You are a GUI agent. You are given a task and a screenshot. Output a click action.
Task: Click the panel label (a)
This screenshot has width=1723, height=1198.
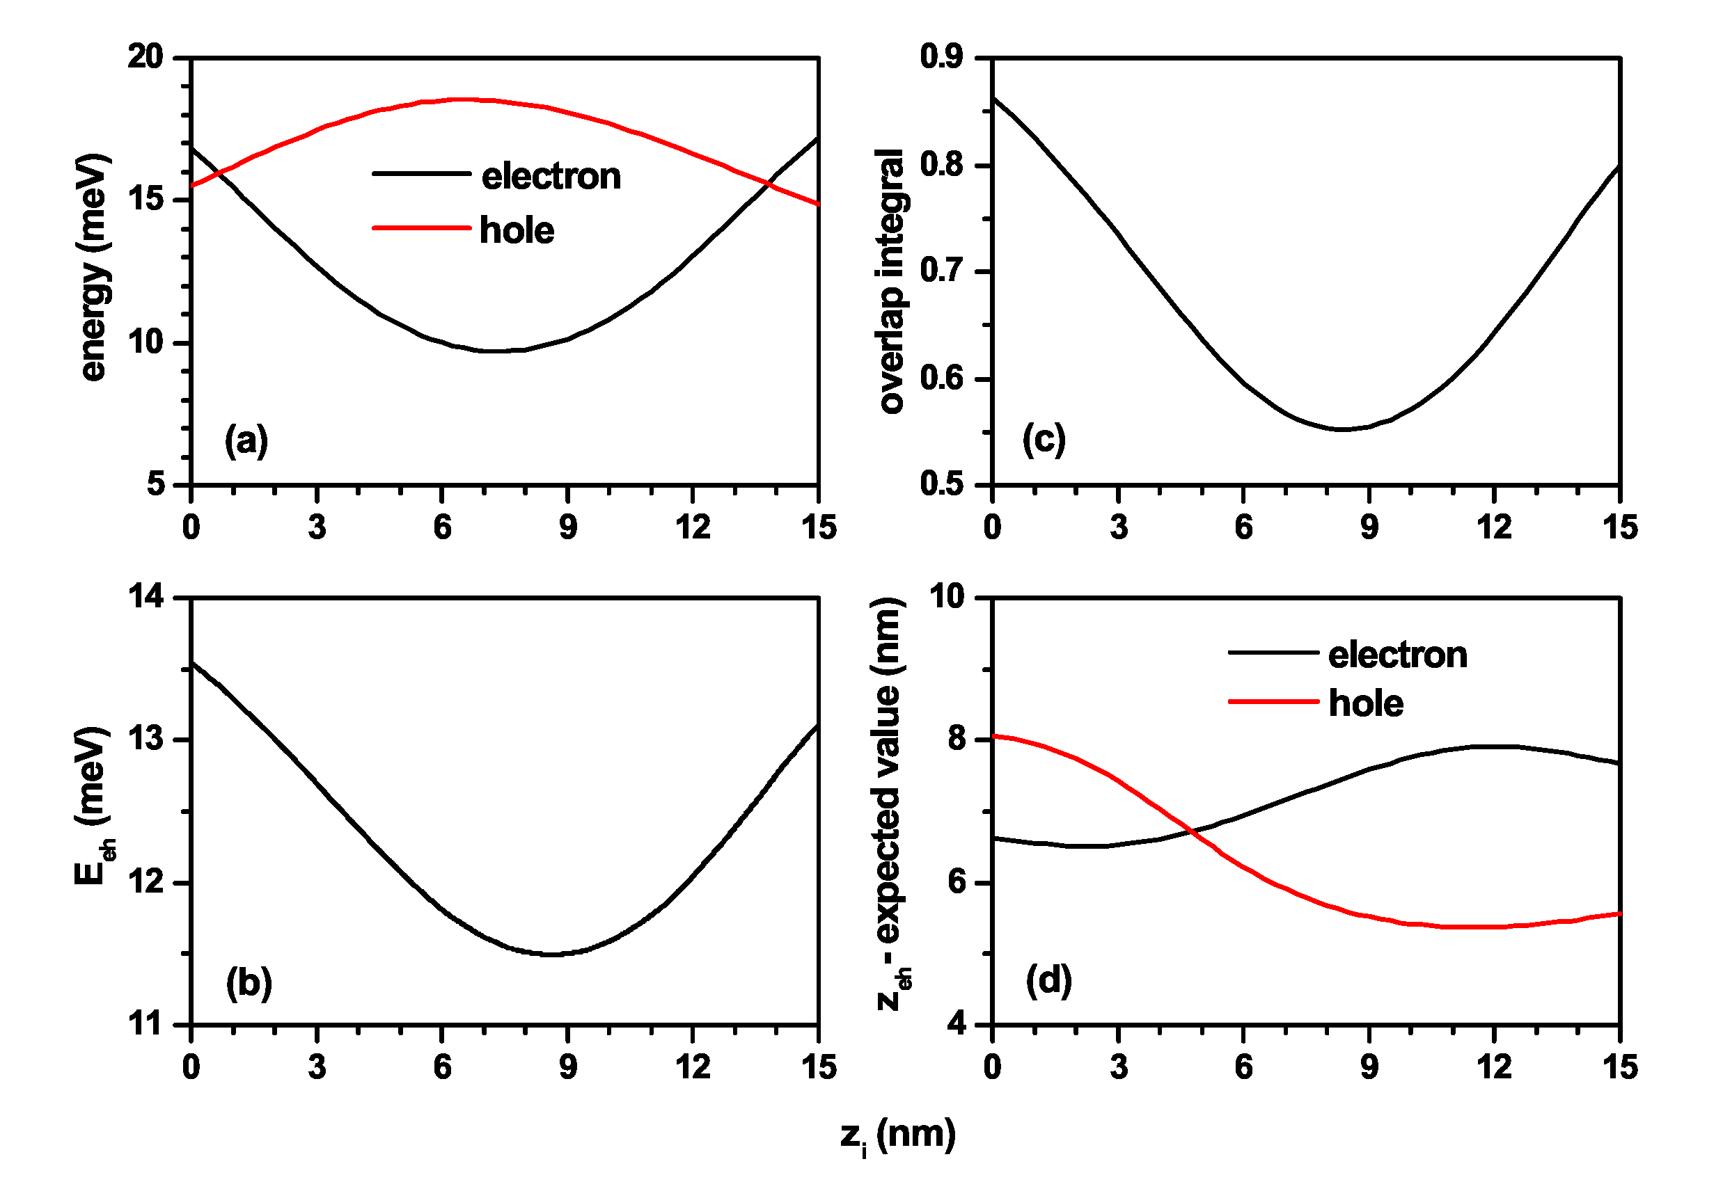pyautogui.click(x=246, y=440)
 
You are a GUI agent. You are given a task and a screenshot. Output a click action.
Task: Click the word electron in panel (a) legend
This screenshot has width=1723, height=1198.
pyautogui.click(x=551, y=176)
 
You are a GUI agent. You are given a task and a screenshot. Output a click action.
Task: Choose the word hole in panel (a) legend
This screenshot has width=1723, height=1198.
pyautogui.click(x=517, y=230)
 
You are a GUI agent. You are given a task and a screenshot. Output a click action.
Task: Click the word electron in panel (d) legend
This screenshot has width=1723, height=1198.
pyautogui.click(x=1397, y=655)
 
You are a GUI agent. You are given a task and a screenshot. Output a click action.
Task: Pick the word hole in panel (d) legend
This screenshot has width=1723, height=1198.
pyautogui.click(x=1366, y=703)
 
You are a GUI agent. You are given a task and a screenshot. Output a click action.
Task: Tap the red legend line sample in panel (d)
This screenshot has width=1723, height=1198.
pyautogui.click(x=1273, y=702)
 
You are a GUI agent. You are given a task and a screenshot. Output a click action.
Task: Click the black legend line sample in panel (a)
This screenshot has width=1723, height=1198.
pyautogui.click(x=422, y=174)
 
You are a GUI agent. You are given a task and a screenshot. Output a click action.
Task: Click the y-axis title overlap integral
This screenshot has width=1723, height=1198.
pyautogui.click(x=891, y=280)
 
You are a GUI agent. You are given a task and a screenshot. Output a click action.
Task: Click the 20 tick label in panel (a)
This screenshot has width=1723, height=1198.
pyautogui.click(x=145, y=57)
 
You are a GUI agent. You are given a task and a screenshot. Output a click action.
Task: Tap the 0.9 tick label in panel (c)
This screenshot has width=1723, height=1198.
pyautogui.click(x=941, y=57)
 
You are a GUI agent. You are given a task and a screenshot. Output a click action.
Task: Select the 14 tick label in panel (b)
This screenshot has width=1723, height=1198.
pyautogui.click(x=145, y=597)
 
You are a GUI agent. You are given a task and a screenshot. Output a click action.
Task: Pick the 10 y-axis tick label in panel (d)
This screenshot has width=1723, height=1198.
pyautogui.click(x=947, y=597)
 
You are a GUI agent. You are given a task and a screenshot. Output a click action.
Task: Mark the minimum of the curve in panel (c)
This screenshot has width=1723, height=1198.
pyautogui.click(x=1341, y=429)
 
